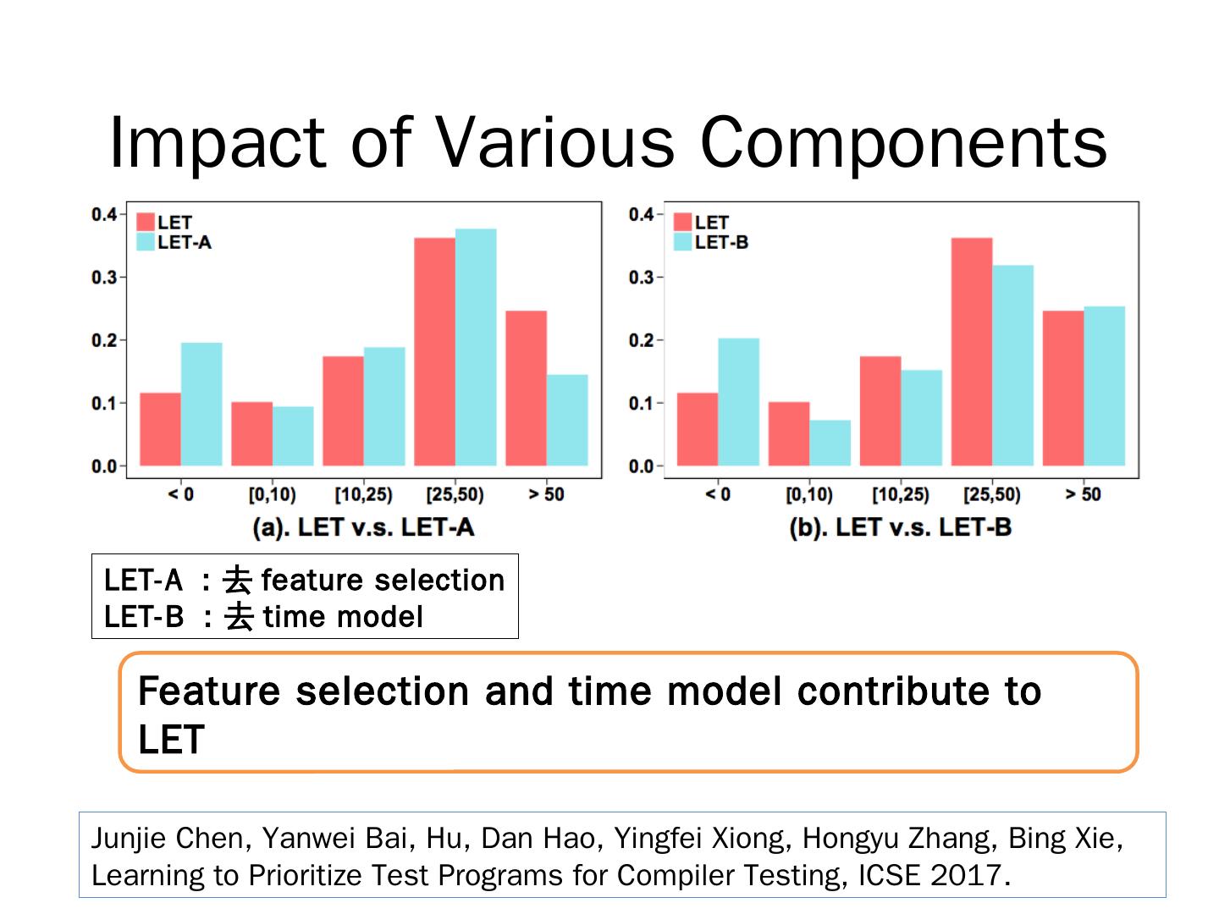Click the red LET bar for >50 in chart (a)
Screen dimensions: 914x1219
click(526, 388)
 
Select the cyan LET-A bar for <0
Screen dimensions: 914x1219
click(201, 404)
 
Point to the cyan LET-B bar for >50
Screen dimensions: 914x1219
click(1104, 385)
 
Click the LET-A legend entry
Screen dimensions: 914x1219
click(174, 243)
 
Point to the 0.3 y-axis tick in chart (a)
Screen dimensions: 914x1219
click(104, 278)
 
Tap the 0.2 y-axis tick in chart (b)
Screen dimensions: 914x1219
click(641, 340)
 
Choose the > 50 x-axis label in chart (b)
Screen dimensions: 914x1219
click(1083, 494)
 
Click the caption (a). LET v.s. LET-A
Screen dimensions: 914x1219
click(363, 528)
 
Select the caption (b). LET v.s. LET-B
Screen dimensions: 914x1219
click(900, 528)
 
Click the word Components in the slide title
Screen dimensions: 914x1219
click(903, 142)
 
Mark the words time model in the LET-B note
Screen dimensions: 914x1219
click(343, 617)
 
